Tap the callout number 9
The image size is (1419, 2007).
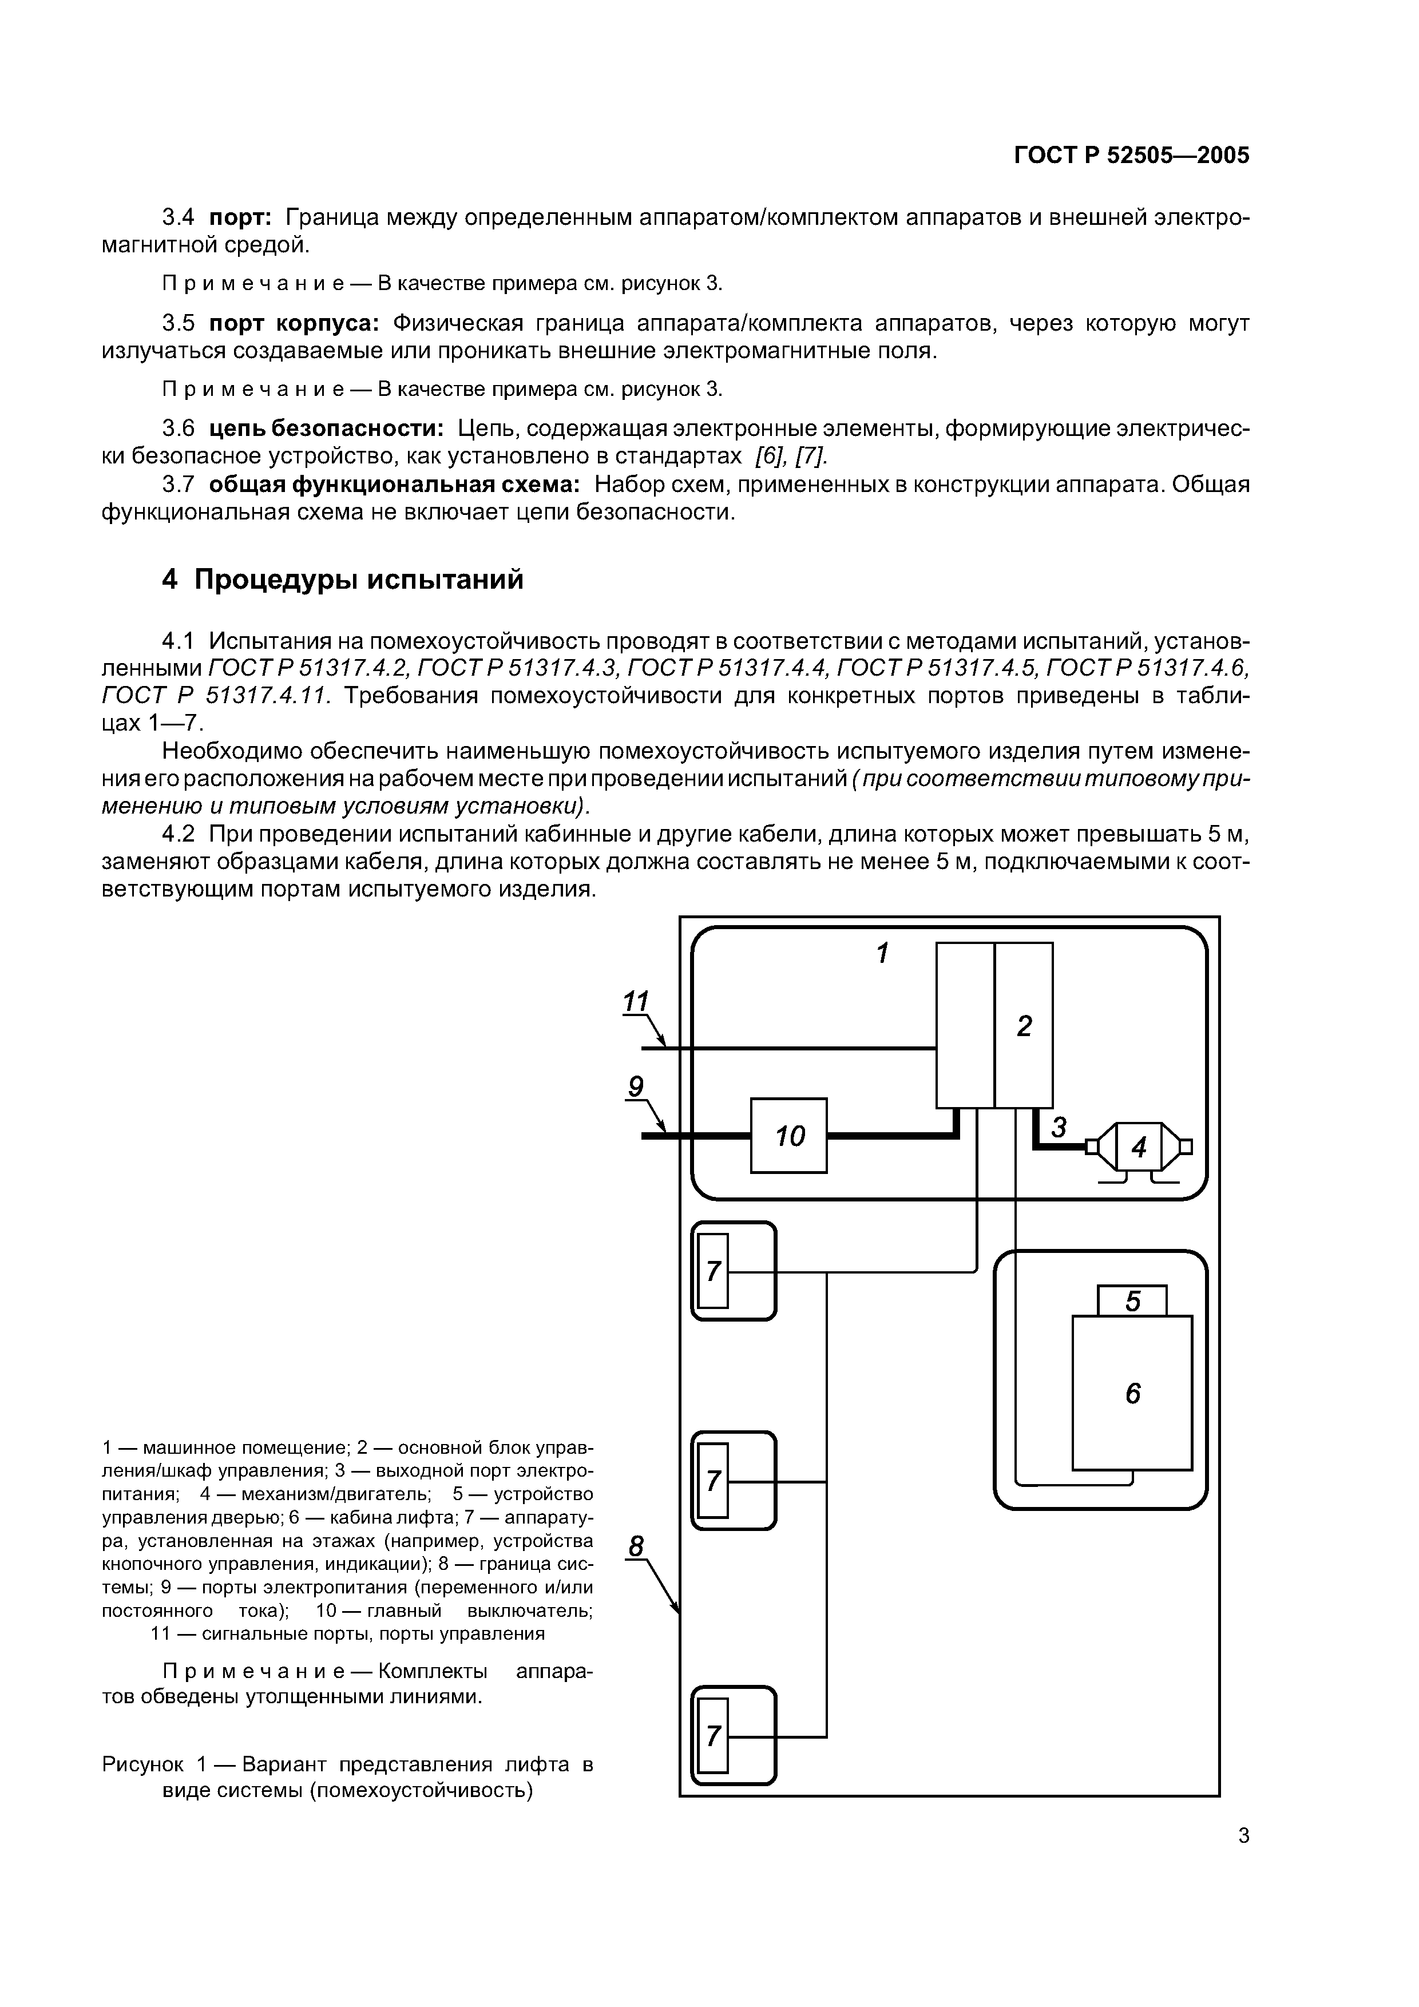[x=636, y=1086]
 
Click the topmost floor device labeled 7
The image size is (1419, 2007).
[x=714, y=1271]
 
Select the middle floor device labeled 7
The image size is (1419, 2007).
[x=714, y=1480]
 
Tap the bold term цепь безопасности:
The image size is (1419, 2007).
[x=326, y=429]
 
